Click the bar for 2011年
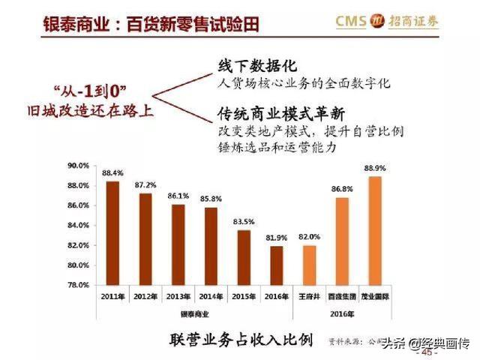click(x=112, y=233)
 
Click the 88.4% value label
click(x=112, y=173)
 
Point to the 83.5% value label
click(x=244, y=222)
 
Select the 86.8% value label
click(x=342, y=190)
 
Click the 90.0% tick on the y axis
click(x=79, y=165)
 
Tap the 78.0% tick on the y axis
click(x=79, y=285)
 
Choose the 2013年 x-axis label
click(x=178, y=297)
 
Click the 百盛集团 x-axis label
click(x=342, y=297)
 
